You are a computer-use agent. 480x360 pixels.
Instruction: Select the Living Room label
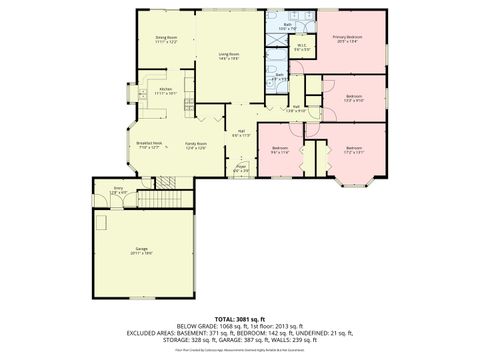[228, 55]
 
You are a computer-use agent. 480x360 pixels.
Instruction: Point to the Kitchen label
[166, 90]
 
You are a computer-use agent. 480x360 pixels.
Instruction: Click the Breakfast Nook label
[148, 143]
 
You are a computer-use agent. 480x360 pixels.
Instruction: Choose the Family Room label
[195, 143]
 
